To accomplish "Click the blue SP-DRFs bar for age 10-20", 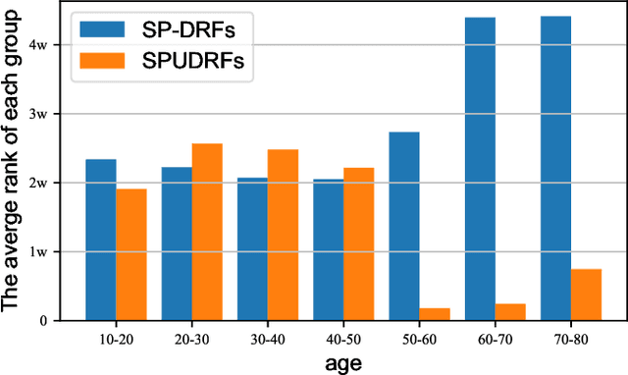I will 100,240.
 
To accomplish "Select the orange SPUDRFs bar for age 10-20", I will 131,254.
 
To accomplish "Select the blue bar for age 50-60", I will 403,226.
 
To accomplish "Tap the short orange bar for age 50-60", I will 434,314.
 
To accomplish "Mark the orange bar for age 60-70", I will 510,312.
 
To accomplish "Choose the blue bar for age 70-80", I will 555,168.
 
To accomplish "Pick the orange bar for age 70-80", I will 586,295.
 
